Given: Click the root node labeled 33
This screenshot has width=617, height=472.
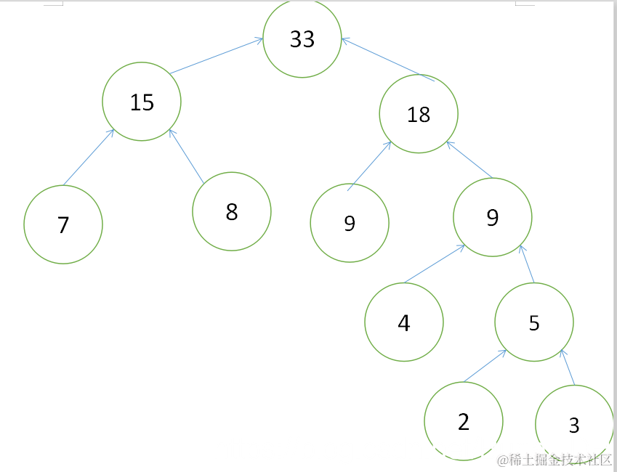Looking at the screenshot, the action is tap(302, 38).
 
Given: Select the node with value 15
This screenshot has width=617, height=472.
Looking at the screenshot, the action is tap(142, 102).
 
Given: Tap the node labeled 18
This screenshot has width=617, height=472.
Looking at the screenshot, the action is tap(419, 114).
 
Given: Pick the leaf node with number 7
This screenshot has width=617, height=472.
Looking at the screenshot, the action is tap(63, 224).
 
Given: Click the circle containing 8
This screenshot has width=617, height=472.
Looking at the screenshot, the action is tap(232, 211).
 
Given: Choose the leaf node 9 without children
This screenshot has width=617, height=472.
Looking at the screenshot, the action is tap(350, 223).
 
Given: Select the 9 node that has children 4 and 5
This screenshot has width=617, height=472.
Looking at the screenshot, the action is tap(493, 217).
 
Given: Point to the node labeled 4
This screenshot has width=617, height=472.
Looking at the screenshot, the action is tap(404, 322).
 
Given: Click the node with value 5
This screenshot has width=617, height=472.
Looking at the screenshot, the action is tap(534, 322).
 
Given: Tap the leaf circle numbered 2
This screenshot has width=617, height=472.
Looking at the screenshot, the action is tap(464, 421).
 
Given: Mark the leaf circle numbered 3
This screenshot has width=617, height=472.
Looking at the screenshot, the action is tap(575, 424).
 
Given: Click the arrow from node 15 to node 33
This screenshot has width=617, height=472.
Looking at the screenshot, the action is tap(217, 55).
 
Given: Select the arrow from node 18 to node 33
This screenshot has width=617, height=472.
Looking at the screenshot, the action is tap(388, 60).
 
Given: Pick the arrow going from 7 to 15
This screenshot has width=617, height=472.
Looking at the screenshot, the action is tap(89, 157).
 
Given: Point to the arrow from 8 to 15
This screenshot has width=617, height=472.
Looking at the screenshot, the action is tap(187, 156).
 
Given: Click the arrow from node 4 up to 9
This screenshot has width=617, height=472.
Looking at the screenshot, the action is tap(435, 264).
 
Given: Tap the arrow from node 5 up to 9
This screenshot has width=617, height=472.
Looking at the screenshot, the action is tap(527, 264).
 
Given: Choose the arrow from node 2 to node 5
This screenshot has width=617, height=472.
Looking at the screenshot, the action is tap(485, 366).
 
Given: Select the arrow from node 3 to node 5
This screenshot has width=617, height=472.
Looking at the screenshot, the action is tap(568, 367).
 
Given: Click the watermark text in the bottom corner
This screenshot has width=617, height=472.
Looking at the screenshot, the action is tap(555, 460).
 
